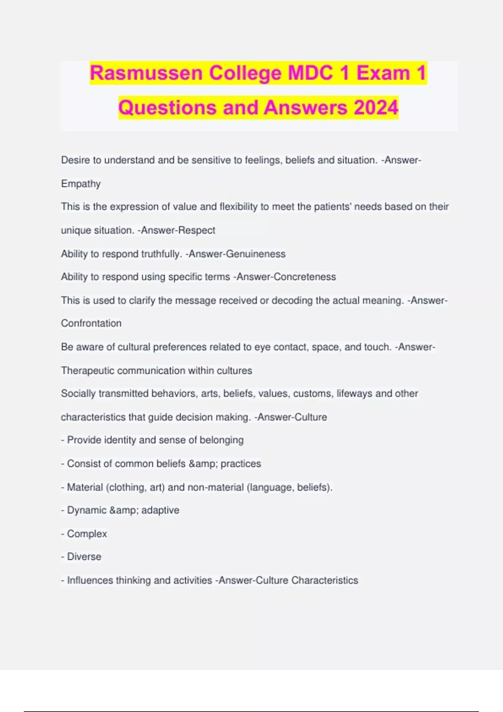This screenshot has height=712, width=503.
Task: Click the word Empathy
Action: tap(81, 184)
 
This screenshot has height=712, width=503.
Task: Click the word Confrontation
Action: tap(91, 323)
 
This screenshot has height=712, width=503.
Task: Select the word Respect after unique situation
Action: tap(197, 230)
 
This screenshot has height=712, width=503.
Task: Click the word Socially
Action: tap(78, 394)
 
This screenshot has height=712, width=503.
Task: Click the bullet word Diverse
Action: tap(84, 557)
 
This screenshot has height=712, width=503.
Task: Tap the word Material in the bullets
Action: tap(85, 488)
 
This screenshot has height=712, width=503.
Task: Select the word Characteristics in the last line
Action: tap(325, 580)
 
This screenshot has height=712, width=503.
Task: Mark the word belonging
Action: tap(222, 440)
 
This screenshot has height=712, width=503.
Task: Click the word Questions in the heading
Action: tap(168, 108)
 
